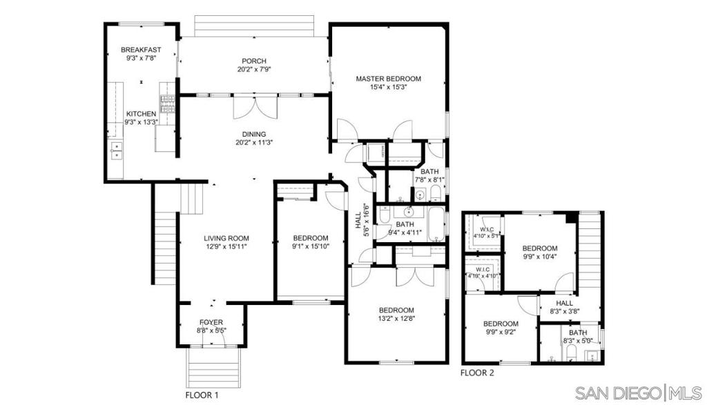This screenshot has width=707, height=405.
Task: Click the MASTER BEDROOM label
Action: coord(388,79)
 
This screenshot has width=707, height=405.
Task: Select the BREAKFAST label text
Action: coord(141,50)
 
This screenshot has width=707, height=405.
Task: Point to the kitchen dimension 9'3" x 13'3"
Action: coord(141,122)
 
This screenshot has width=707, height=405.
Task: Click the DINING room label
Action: coord(254,134)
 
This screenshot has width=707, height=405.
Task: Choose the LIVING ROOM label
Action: coord(226,238)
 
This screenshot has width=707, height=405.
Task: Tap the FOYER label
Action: coord(211,322)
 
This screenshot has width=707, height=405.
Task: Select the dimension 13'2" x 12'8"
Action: coord(396,318)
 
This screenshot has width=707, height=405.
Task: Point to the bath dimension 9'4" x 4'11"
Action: coord(405,233)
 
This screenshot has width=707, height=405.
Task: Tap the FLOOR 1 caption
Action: coord(202,395)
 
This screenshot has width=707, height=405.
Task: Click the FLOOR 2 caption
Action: coord(477,373)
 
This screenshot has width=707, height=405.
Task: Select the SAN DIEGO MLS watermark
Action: coord(640,393)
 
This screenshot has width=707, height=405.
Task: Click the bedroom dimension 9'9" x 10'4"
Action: coord(539,257)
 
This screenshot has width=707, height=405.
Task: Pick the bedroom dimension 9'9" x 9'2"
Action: coord(500,332)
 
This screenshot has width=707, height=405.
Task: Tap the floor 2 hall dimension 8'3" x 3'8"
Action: coord(565,311)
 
